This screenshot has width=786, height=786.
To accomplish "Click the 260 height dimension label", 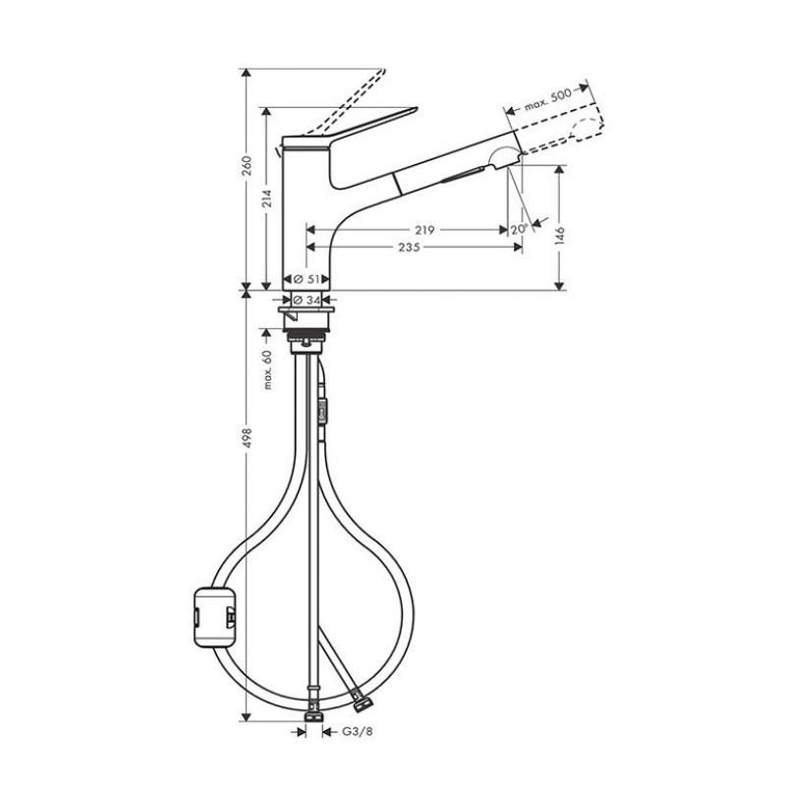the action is (247, 166).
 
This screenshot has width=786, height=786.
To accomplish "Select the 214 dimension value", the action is (267, 198).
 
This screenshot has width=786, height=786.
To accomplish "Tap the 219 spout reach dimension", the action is (424, 230).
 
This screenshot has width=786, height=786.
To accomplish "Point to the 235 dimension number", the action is (409, 248).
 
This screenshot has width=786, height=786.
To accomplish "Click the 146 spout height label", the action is (560, 236).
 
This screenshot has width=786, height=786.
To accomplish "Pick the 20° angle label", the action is (520, 229).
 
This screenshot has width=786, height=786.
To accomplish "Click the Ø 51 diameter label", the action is (307, 279).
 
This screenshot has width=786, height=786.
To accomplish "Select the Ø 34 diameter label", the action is (307, 301).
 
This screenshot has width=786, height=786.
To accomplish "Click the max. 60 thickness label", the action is (267, 369).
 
